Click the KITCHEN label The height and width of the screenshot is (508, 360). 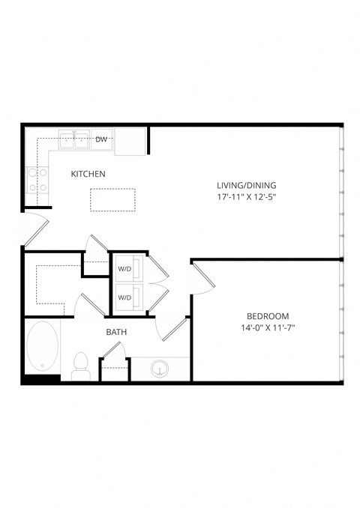88,174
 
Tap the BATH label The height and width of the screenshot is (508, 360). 116,332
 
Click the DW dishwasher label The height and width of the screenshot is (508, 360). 101,139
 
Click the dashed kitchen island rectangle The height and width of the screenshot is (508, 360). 113,199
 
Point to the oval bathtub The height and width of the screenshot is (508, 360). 40,347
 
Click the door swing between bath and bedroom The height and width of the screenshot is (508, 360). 173,330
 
